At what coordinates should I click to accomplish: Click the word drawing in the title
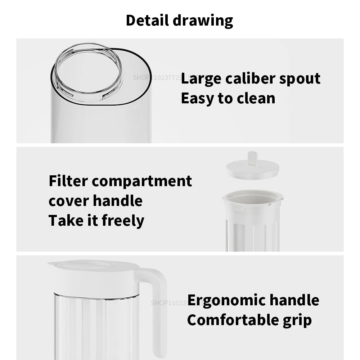tap(203, 21)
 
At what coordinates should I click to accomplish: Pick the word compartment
tap(142, 181)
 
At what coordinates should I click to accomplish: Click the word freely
tap(123, 221)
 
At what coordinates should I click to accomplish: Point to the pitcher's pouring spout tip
tap(50, 264)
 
